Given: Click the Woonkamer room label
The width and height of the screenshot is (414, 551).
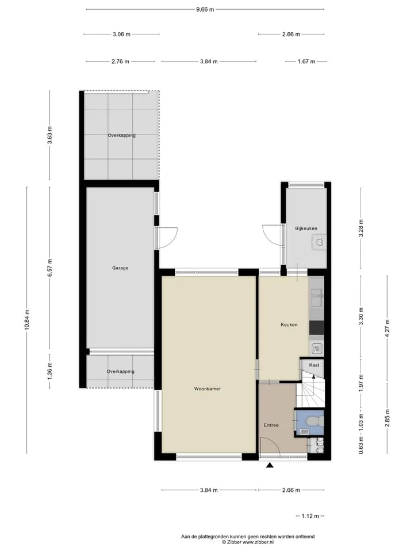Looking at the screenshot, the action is [x=208, y=389].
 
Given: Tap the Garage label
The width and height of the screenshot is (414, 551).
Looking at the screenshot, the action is [x=120, y=268].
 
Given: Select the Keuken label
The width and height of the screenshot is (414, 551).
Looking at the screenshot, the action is [x=289, y=325].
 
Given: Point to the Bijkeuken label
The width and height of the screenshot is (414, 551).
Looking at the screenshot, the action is [x=306, y=228].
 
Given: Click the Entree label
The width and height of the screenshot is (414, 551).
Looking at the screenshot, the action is [x=271, y=425].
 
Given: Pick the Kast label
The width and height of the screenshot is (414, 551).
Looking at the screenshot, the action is [x=314, y=365].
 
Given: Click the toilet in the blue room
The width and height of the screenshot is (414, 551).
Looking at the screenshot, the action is [x=315, y=420].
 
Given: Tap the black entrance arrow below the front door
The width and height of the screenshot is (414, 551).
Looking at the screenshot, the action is [x=270, y=465].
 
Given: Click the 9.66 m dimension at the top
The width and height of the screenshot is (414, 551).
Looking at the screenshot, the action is [x=205, y=10].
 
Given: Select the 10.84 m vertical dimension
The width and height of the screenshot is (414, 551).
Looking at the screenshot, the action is [x=27, y=320].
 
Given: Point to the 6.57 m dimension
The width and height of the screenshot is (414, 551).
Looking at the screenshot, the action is [x=49, y=268].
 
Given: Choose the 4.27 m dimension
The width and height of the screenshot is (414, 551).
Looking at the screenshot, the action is [x=387, y=328].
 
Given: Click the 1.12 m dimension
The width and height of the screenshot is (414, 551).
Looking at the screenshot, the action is [x=310, y=516].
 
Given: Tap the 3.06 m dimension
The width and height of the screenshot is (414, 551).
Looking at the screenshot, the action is [x=121, y=34].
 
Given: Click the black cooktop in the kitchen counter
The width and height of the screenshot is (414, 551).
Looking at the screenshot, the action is [x=316, y=328].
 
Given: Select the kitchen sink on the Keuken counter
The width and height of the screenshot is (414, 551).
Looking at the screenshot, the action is [x=316, y=297].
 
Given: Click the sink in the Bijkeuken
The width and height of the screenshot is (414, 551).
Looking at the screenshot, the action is [x=319, y=242].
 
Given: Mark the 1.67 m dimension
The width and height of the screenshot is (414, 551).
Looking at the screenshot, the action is [x=306, y=61].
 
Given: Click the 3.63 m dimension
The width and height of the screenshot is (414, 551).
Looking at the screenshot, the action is [x=49, y=135].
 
